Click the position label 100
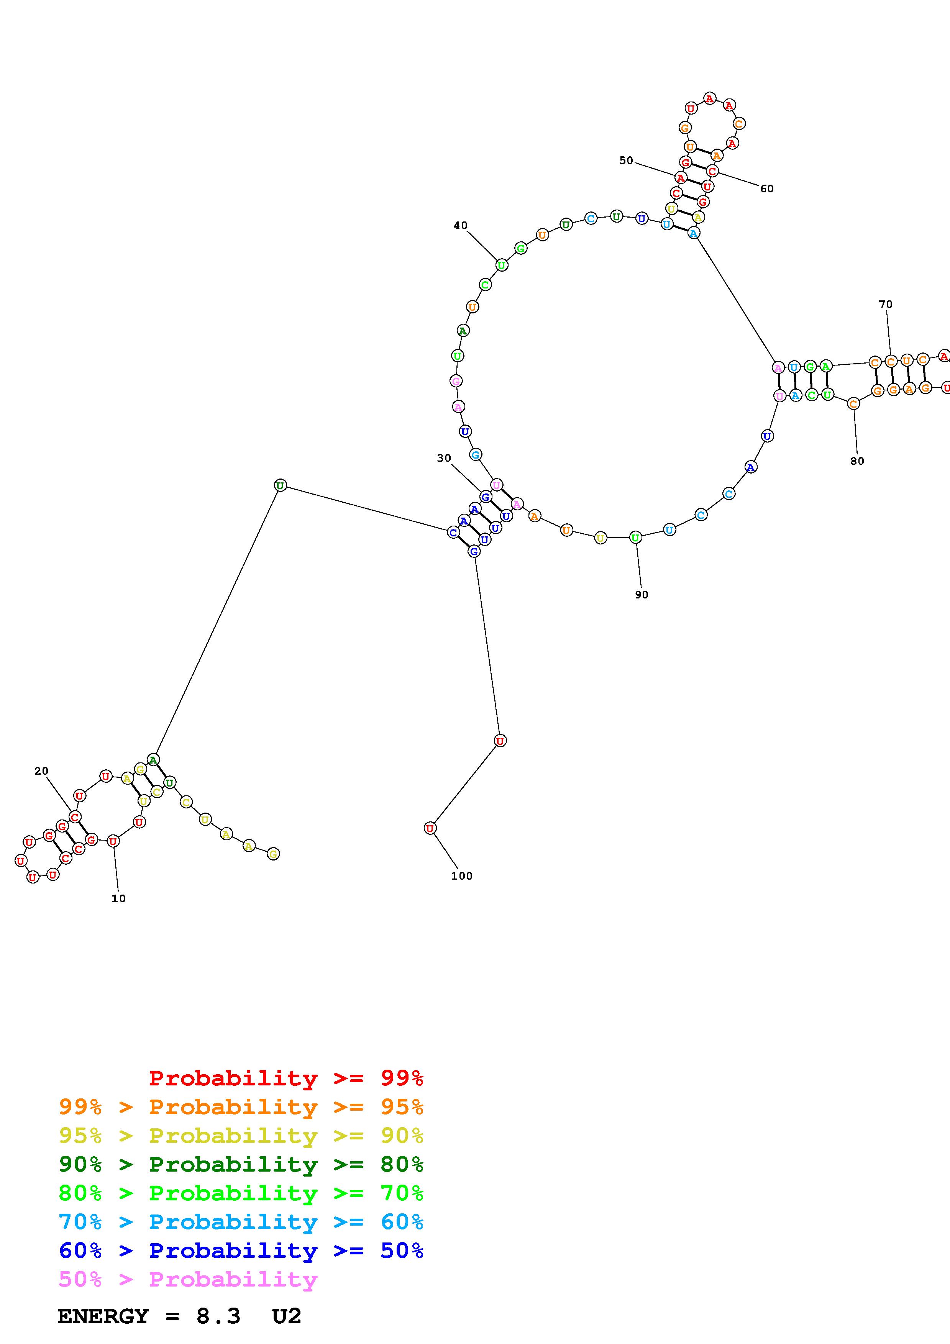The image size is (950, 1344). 461,876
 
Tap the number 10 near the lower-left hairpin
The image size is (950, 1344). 118,898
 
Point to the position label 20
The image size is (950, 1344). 41,771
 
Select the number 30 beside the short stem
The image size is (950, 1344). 444,458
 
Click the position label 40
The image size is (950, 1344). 460,225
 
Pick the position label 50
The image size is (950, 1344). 626,161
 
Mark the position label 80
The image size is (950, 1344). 857,461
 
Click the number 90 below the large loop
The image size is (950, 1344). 642,595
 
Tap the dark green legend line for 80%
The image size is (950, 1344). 241,1164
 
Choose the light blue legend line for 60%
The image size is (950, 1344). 241,1222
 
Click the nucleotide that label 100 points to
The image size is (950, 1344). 430,828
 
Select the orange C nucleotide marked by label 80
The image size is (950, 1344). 853,403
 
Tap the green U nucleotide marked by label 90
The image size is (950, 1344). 636,537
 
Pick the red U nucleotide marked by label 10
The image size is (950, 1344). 113,841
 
